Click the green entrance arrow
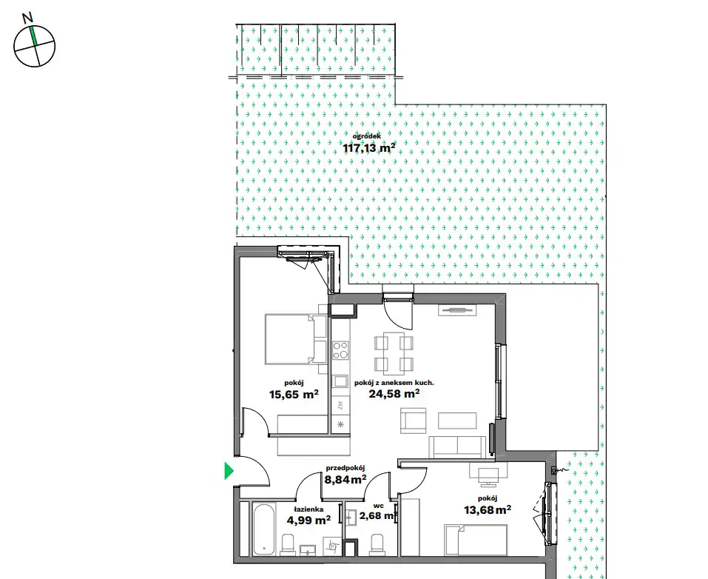click(x=229, y=471)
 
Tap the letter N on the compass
click(x=28, y=18)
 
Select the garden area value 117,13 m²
click(x=369, y=148)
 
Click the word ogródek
click(x=367, y=135)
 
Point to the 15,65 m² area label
click(x=294, y=394)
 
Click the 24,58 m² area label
click(x=394, y=394)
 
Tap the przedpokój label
click(x=345, y=468)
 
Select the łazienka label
click(x=309, y=509)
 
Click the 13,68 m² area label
click(x=488, y=510)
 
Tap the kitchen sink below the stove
click(x=340, y=382)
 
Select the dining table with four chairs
click(x=394, y=353)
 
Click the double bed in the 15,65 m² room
click(x=296, y=339)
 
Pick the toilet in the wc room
click(x=377, y=544)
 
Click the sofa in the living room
click(x=457, y=446)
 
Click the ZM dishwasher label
click(x=340, y=405)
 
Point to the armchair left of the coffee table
click(x=413, y=421)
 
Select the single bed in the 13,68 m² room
click(x=476, y=540)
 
